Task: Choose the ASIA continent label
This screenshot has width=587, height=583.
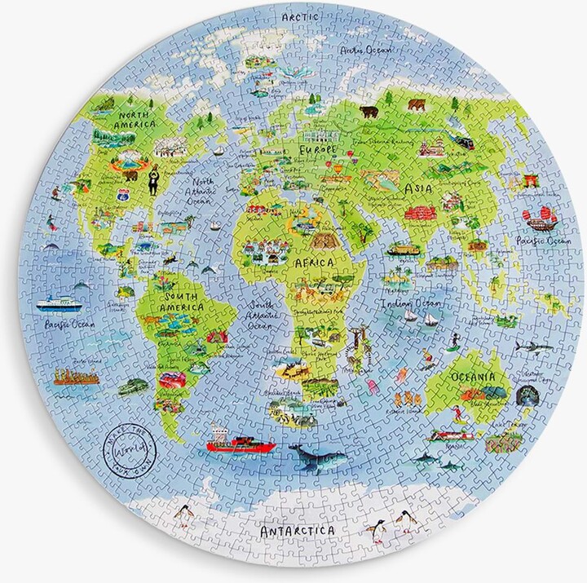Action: point(417,188)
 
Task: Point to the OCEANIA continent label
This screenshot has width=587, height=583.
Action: point(472,378)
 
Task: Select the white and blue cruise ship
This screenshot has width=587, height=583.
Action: point(60,303)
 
